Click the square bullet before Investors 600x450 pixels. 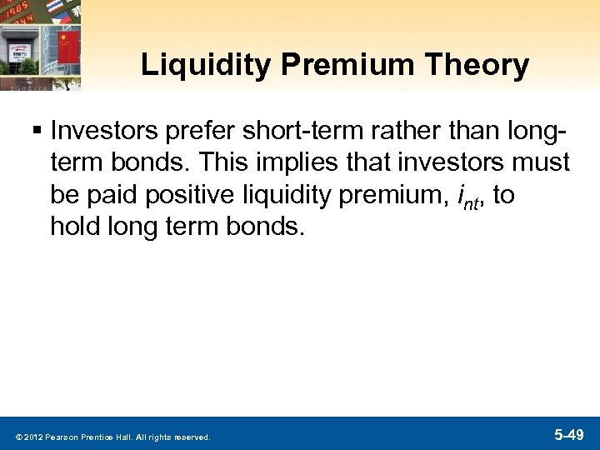tap(38, 130)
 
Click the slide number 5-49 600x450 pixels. tap(569, 434)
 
